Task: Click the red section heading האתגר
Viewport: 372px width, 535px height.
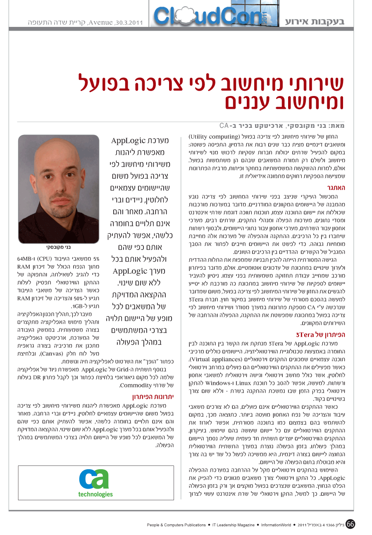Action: click(x=337, y=187)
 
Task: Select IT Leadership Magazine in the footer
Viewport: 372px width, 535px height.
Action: click(x=234, y=525)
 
